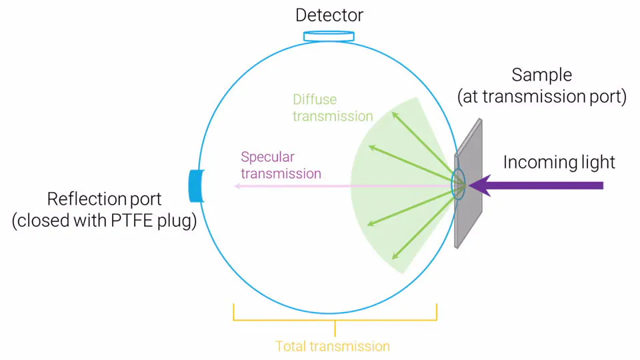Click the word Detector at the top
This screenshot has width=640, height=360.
coord(329,15)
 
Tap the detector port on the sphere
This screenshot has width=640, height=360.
coord(329,36)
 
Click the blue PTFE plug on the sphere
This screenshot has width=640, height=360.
coord(196,186)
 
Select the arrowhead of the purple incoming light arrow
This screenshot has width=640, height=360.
coord(479,186)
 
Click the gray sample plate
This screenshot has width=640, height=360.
coord(469,184)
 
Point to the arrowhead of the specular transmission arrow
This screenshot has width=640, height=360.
coord(237,186)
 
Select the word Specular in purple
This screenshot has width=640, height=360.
coord(267,157)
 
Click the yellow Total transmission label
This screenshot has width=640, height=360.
coord(333,346)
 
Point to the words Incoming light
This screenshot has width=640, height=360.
coord(559,162)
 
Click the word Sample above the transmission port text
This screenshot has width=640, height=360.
coord(541,75)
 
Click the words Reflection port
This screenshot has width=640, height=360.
coord(104,199)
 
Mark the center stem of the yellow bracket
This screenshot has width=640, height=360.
coord(335,328)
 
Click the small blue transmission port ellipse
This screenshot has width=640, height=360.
coord(458,185)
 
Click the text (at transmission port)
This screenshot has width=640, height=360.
coord(541,97)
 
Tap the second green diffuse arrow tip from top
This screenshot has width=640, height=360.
coord(371,147)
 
